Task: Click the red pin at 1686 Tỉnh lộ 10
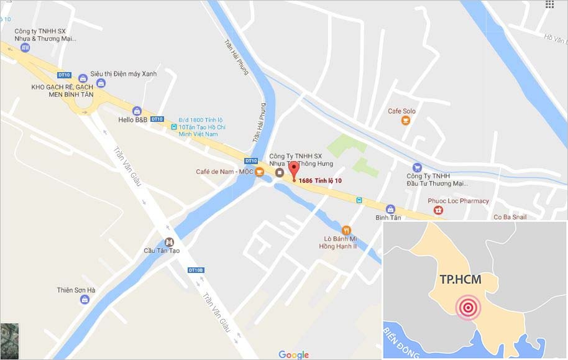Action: pos(294,170)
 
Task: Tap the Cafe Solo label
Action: pos(401,111)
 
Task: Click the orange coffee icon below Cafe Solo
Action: pos(406,121)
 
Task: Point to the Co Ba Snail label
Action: pos(510,217)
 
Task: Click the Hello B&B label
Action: pos(132,119)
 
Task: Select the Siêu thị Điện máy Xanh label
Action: pos(123,73)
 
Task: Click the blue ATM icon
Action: pos(25,47)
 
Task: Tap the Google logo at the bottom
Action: pos(293,354)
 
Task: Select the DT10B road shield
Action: pos(196,270)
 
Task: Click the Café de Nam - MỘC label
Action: pos(224,172)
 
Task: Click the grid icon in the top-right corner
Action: pos(549,5)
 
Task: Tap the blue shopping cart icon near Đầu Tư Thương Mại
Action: pos(417,167)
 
